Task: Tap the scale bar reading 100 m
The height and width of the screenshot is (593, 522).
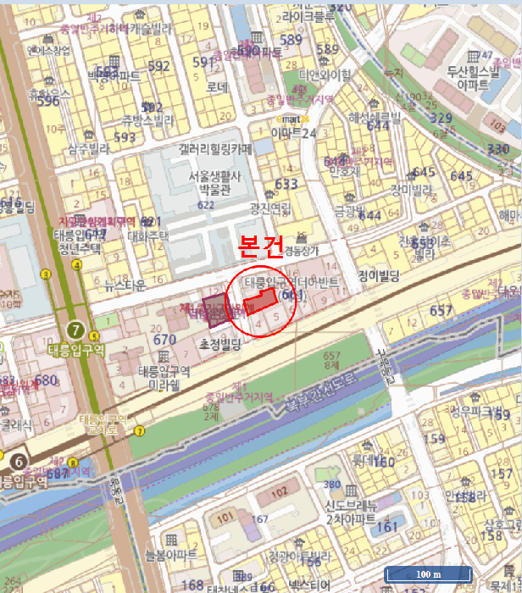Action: point(428,574)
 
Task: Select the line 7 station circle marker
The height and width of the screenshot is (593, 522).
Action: point(77,330)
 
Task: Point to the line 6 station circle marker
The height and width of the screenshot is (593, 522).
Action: point(19,462)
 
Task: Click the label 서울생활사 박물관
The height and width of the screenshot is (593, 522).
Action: point(215,182)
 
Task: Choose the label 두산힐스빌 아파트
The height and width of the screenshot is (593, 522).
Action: point(474,78)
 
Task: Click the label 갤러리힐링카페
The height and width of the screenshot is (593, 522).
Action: point(216,148)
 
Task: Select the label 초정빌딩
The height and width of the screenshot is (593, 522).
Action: point(220,345)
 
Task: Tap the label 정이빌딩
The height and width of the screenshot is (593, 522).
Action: point(379,274)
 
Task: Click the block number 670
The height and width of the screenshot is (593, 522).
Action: point(164,340)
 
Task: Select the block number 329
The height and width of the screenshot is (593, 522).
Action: point(441,118)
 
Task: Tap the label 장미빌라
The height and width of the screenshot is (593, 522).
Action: point(411,189)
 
